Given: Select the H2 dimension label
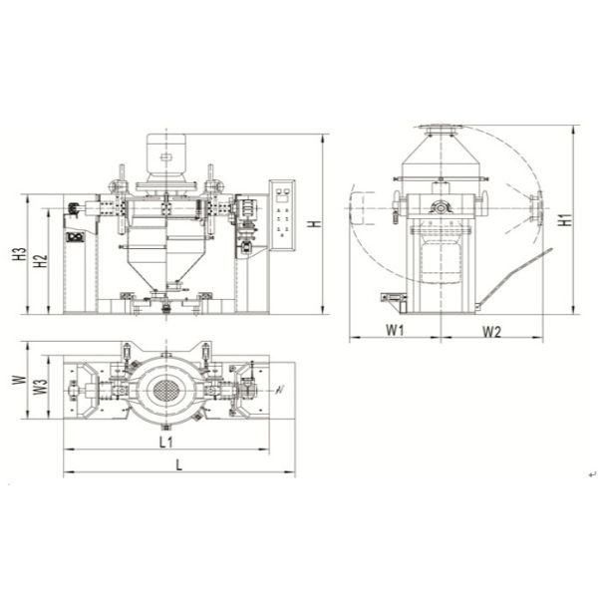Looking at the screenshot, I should pyautogui.click(x=40, y=261).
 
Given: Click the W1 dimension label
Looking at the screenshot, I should pyautogui.click(x=394, y=329).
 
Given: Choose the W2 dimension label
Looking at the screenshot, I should pyautogui.click(x=489, y=329).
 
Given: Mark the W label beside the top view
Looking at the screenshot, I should pyautogui.click(x=17, y=381).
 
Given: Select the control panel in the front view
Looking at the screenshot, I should pyautogui.click(x=283, y=213).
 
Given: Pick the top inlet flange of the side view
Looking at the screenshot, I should pyautogui.click(x=437, y=128).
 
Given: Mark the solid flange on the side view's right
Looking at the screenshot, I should pyautogui.click(x=536, y=207).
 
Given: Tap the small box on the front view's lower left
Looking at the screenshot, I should pyautogui.click(x=74, y=236).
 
